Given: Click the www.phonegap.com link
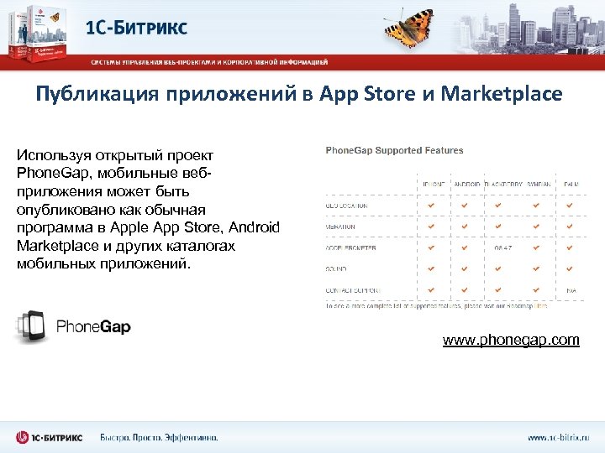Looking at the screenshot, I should click(511, 340).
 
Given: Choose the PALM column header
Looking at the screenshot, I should click(570, 184).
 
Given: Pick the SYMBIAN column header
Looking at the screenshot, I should click(534, 184).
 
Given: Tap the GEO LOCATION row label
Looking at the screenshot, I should click(346, 205).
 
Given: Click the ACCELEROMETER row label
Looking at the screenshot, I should click(350, 247).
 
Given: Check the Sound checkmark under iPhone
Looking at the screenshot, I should click(431, 269).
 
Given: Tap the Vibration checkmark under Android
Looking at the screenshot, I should click(465, 226).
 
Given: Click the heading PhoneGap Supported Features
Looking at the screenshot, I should click(394, 150).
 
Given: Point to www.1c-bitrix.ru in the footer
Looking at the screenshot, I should click(559, 437).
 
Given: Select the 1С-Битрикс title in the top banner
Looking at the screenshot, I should click(138, 27).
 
